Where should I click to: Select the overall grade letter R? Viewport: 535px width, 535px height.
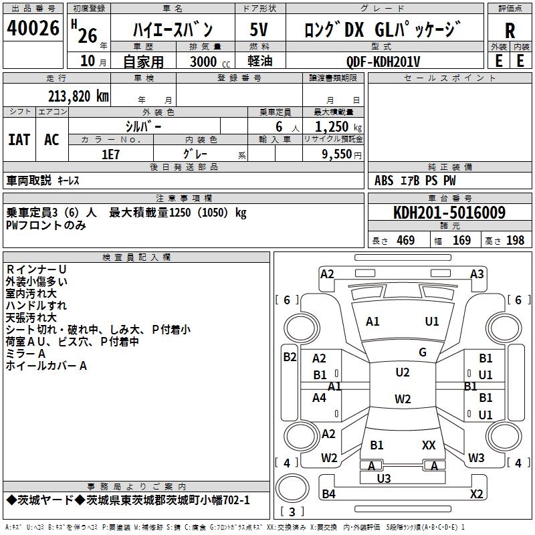tap(510, 31)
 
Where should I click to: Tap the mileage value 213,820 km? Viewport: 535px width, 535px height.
tap(78, 96)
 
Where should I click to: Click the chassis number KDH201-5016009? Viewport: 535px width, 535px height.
tap(449, 213)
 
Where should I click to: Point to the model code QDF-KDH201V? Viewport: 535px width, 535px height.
tap(383, 62)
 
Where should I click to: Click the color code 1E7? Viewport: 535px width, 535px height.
tap(110, 154)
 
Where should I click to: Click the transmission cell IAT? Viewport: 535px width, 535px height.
tap(19, 140)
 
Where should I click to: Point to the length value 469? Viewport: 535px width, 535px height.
tap(405, 240)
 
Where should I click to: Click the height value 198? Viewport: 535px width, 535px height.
tap(515, 240)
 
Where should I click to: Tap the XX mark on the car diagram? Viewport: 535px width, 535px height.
tap(429, 445)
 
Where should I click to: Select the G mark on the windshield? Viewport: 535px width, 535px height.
tap(423, 352)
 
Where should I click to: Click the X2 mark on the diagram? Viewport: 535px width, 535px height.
tap(477, 494)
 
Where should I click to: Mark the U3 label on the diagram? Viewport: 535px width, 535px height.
tap(384, 478)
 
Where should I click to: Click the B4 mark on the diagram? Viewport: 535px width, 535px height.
tap(328, 494)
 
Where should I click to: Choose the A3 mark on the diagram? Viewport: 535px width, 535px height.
tap(477, 274)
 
